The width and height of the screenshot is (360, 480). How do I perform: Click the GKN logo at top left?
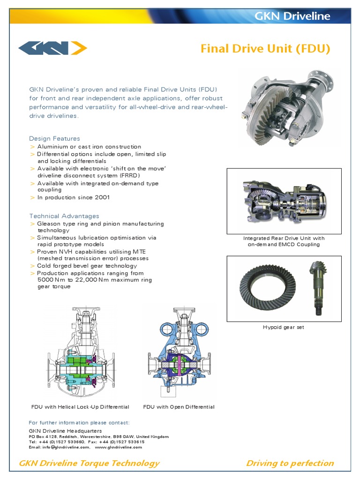click(52, 48)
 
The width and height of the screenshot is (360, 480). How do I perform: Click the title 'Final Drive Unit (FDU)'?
click(265, 49)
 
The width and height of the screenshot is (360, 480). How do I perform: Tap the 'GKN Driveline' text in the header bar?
click(292, 16)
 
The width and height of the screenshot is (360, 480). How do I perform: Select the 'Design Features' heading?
click(54, 138)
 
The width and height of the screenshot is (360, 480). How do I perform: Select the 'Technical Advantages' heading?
click(64, 216)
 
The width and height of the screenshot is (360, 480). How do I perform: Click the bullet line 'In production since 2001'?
click(74, 197)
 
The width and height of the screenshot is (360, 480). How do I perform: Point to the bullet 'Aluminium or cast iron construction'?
click(89, 147)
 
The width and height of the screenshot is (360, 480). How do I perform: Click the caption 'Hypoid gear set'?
click(283, 327)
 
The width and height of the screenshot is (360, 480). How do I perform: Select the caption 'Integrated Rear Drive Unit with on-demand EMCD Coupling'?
click(284, 241)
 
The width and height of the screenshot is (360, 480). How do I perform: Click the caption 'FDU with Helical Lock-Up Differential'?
click(80, 407)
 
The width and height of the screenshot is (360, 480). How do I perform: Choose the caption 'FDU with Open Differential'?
click(179, 407)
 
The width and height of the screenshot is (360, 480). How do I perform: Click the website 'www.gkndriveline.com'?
click(118, 447)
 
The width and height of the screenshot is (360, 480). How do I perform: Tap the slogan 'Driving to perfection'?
click(290, 463)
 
